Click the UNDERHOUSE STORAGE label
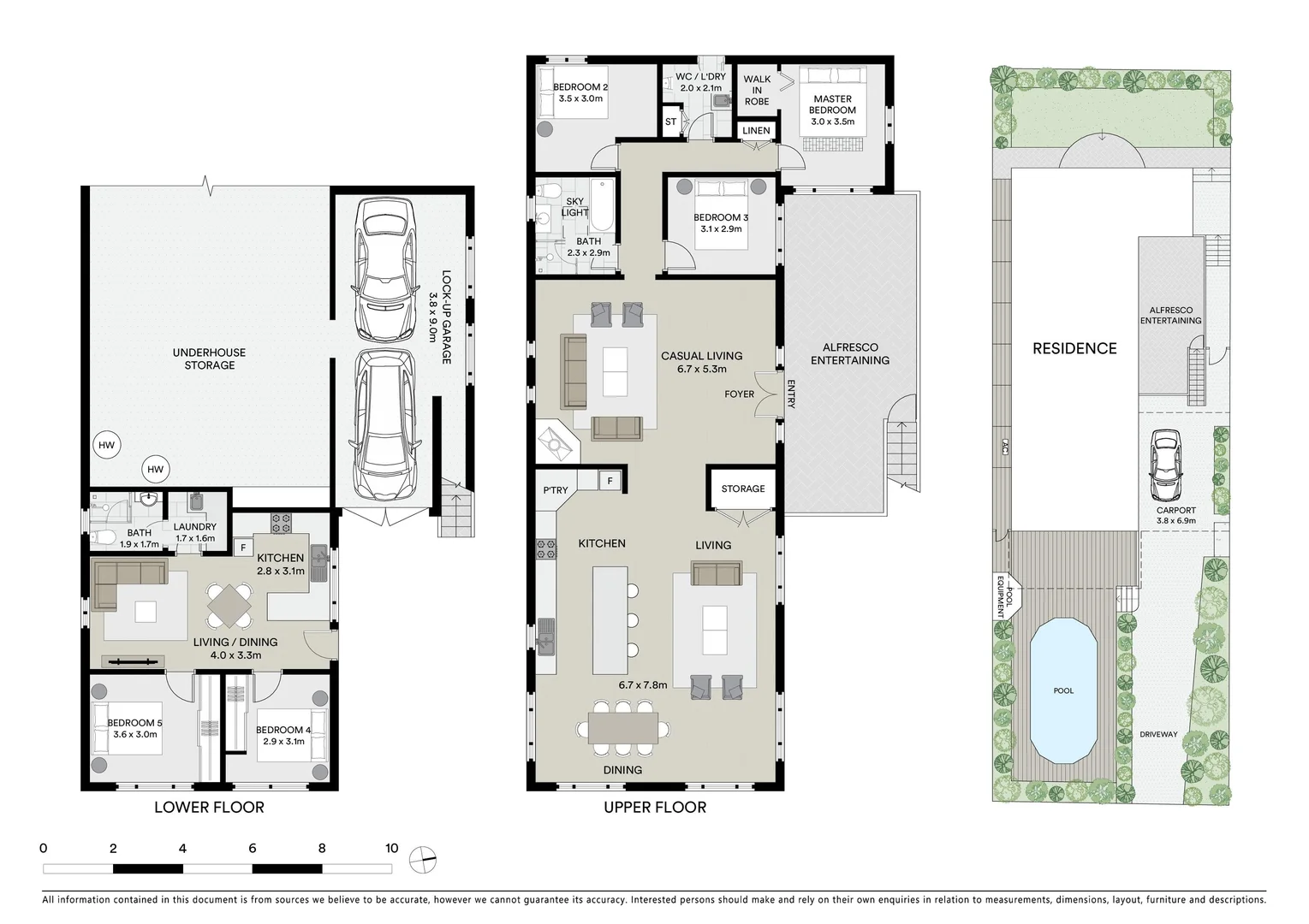209,358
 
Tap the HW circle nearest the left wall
106,445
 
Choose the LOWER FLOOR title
209,807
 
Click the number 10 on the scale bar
391,849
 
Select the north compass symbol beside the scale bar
422,860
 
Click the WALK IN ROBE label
757,90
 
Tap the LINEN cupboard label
756,131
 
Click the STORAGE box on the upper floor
742,489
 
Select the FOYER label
739,394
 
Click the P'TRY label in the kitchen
556,490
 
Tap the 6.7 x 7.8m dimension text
642,685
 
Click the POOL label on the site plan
1062,690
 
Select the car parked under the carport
1165,465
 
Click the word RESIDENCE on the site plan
1074,348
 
